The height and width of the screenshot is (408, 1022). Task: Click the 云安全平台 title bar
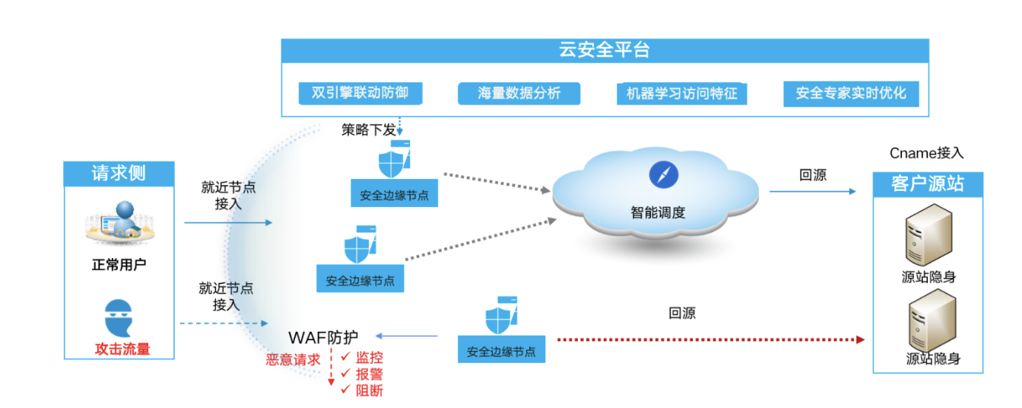[x=605, y=51]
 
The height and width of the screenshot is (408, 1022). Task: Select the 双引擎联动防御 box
[x=360, y=93]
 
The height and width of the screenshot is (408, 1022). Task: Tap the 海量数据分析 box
[x=519, y=94]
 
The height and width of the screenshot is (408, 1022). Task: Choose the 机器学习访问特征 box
[x=681, y=94]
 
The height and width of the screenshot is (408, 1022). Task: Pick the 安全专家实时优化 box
[x=851, y=94]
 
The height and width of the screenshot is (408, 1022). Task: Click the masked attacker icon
[x=120, y=317]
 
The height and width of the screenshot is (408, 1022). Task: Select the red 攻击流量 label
[x=122, y=349]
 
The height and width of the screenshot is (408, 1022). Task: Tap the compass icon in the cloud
[x=663, y=174]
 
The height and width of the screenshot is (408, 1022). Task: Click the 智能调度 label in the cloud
[x=658, y=212]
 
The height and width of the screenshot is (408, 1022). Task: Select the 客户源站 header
[x=927, y=183]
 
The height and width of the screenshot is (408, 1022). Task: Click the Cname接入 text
[x=926, y=153]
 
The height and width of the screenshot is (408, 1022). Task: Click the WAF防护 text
[x=323, y=336]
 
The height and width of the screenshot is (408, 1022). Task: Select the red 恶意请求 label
[x=293, y=359]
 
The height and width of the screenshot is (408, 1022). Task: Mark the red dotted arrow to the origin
[x=711, y=339]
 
